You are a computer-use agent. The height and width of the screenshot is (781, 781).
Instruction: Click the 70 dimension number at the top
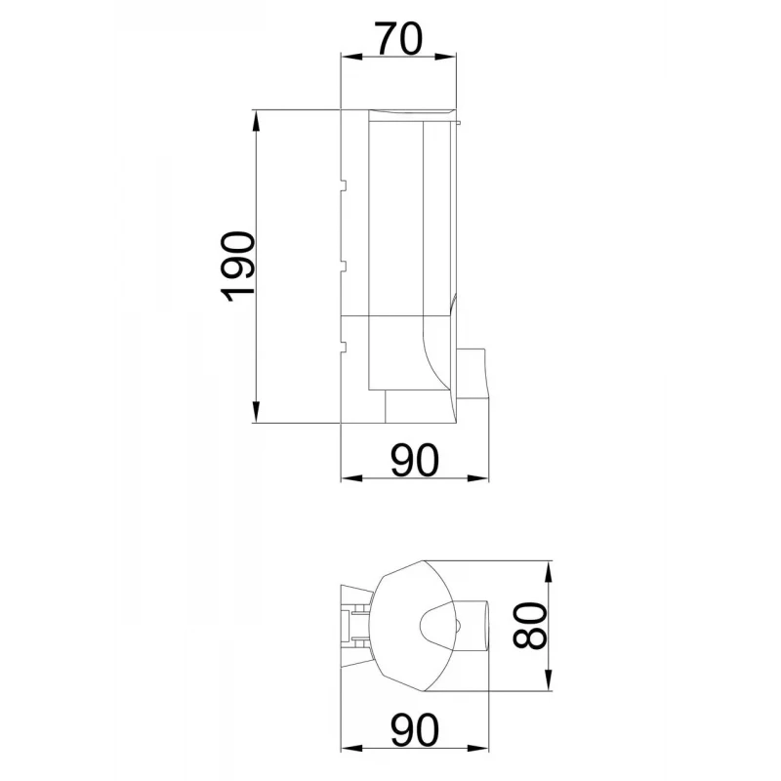coord(399,38)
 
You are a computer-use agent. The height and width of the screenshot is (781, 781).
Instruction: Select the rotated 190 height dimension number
coord(238,267)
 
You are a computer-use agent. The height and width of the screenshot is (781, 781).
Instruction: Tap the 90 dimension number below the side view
coord(414,460)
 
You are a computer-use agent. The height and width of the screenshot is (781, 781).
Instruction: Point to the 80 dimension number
coord(530,626)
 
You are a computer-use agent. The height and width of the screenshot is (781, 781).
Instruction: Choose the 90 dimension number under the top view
coord(414,729)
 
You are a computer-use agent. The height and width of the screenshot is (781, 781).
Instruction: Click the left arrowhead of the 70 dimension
coord(350,57)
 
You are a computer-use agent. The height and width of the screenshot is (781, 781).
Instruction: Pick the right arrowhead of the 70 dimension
coord(445,57)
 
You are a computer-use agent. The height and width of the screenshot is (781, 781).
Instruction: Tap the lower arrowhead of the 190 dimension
coord(256,412)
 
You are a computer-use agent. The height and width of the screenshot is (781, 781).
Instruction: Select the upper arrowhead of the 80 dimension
coord(549,572)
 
